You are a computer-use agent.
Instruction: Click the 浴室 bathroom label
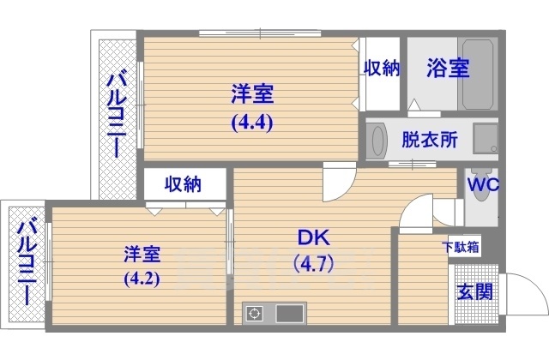tap(449, 69)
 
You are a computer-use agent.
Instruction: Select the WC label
tap(483, 183)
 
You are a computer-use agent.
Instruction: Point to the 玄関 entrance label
tap(474, 291)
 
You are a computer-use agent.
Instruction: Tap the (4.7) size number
tap(313, 262)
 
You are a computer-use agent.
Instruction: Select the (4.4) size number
tap(251, 121)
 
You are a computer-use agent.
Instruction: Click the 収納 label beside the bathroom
tap(382, 69)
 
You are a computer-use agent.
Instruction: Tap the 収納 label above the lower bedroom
tap(183, 183)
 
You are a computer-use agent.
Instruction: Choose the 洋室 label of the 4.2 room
tap(142, 254)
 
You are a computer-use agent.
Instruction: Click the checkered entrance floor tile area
tap(464, 296)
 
